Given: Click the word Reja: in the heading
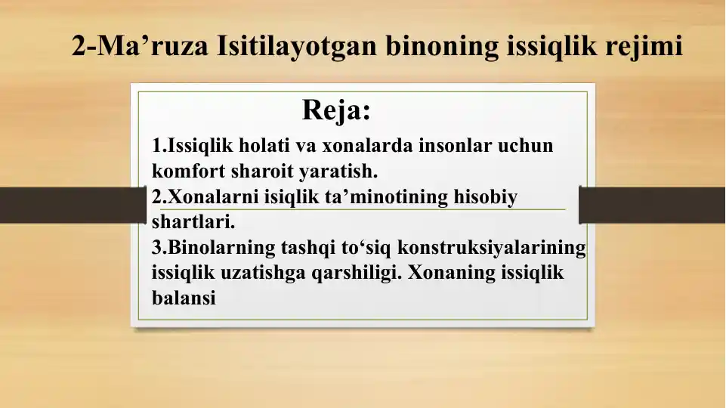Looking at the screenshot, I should click(336, 110).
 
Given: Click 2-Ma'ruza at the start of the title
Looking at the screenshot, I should click(141, 47).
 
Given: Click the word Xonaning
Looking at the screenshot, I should click(452, 273).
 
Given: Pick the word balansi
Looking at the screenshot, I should click(184, 298).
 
